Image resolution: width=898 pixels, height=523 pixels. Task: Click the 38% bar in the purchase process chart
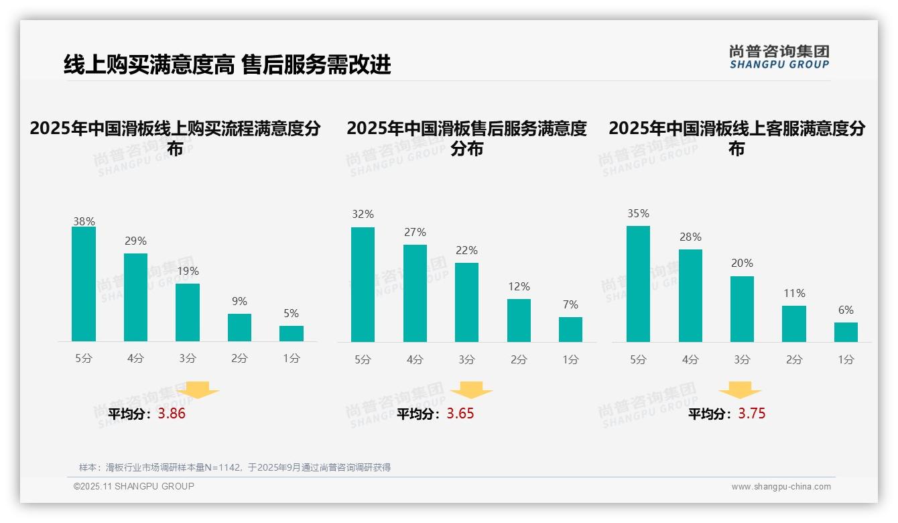84,284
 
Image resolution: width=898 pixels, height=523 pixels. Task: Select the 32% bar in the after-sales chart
363,284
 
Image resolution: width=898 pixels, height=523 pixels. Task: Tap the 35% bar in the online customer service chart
638,284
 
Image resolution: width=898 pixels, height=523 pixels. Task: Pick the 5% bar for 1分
292,333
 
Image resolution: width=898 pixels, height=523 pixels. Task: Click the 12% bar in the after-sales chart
519,321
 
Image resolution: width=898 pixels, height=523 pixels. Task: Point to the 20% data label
742,263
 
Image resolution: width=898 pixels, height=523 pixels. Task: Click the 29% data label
135,241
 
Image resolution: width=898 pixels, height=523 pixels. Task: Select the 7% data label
570,304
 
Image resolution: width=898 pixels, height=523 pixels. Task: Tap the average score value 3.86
172,414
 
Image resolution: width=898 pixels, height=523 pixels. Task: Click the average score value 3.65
460,414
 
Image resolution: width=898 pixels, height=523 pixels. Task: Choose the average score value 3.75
751,414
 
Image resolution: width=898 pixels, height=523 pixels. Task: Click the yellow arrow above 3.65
471,390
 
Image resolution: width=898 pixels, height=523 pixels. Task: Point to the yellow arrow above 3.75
740,390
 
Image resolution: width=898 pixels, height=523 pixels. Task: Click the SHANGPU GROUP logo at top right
779,57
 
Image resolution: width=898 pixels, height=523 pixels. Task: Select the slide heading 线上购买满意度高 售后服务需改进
227,64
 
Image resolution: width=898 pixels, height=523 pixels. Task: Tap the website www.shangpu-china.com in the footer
781,487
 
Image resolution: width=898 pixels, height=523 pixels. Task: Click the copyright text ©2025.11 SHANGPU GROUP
134,486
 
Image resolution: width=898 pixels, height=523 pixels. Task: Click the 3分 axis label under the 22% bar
466,359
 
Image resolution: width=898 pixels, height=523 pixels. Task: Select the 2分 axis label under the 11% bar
793,359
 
